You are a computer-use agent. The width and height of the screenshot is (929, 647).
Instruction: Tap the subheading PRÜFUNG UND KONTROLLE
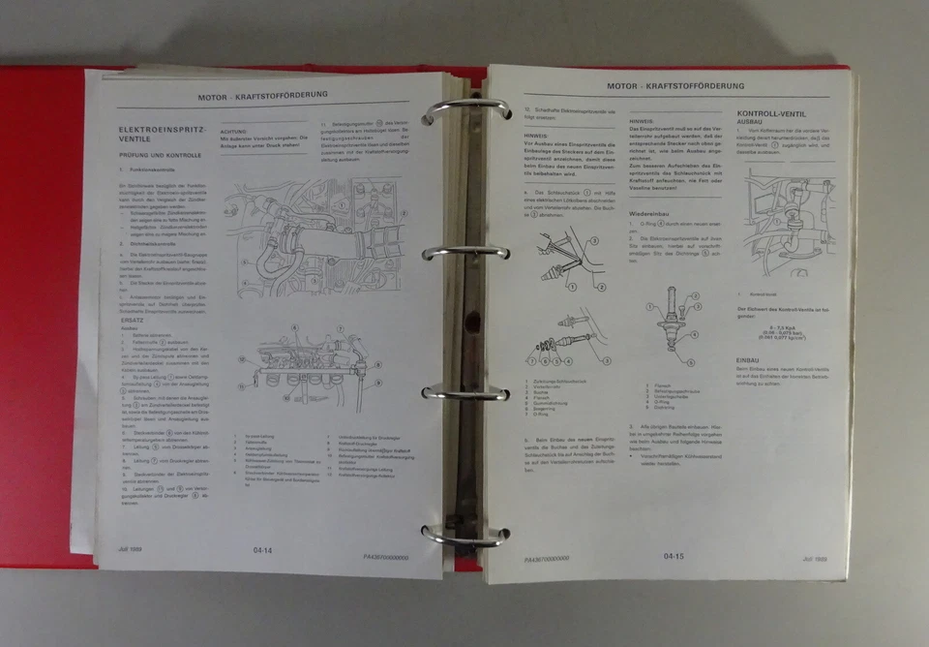(161, 155)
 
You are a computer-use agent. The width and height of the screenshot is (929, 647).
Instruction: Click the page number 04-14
(262, 549)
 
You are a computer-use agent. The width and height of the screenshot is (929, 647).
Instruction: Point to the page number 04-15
(674, 556)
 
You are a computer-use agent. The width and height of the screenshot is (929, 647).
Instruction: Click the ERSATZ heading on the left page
(133, 317)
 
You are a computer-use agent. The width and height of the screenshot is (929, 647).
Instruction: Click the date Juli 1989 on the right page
(817, 559)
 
